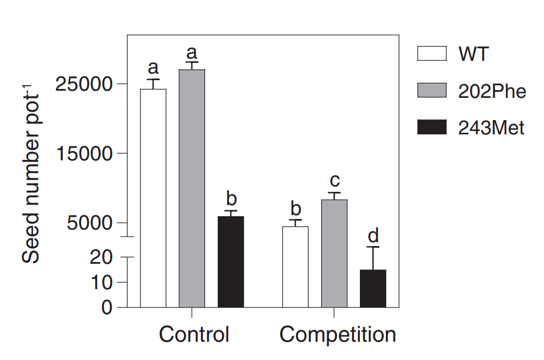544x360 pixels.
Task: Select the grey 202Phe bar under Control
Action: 192,188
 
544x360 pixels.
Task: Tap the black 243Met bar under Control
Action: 231,262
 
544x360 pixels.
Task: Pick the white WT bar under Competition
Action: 296,267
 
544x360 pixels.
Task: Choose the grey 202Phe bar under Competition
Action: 334,253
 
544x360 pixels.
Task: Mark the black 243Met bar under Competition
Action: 373,288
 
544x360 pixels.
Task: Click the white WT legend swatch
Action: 431,54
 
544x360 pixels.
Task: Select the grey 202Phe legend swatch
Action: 431,91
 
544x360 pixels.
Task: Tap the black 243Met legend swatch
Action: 431,128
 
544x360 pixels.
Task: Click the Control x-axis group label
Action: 194,335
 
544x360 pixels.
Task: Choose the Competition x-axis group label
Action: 338,335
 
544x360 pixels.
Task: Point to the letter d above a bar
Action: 373,236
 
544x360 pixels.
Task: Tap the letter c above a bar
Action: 334,180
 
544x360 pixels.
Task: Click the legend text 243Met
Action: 491,128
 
